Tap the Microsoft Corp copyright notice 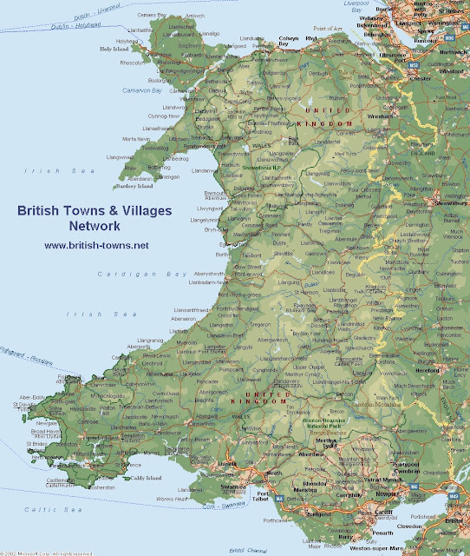pyautogui.click(x=52, y=552)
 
